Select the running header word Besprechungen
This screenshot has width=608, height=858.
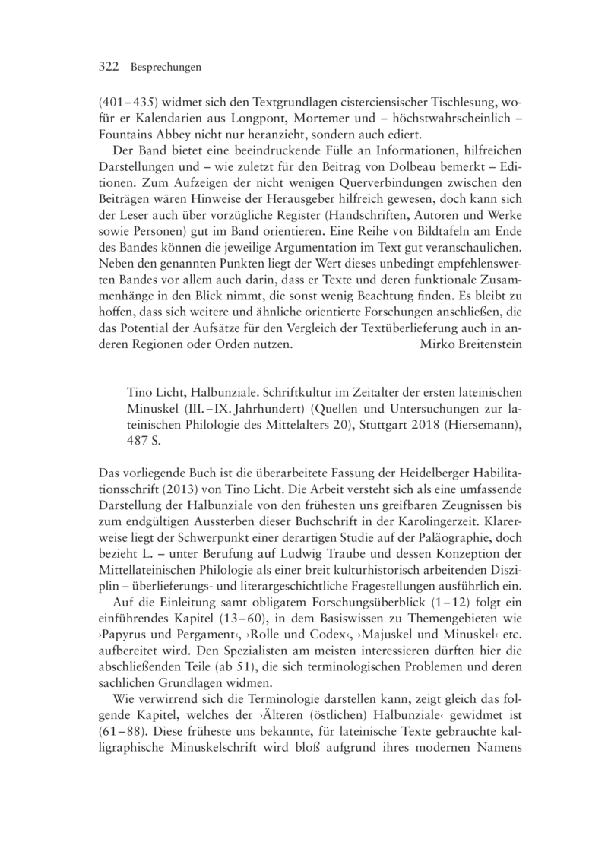pyautogui.click(x=165, y=68)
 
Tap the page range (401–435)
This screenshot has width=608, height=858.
pyautogui.click(x=131, y=103)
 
